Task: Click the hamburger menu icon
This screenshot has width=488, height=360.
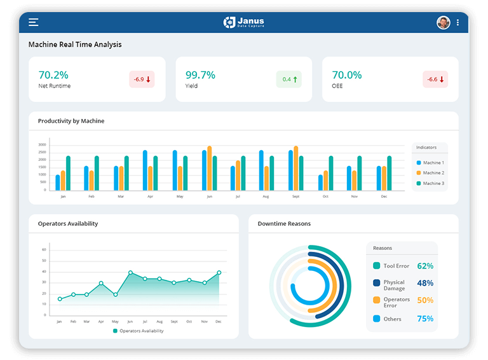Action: (x=34, y=22)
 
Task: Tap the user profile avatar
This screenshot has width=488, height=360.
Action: (x=443, y=22)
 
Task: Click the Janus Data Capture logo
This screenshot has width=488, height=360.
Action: (x=244, y=22)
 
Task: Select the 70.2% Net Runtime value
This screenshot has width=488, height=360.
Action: (x=53, y=74)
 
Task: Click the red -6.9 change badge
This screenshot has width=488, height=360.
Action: (x=142, y=80)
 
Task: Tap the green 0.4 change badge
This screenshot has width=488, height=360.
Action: (x=288, y=80)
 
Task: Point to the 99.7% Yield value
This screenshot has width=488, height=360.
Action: (x=200, y=74)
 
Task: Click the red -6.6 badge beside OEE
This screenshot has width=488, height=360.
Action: (x=435, y=80)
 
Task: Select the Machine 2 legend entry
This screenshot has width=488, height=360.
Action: (x=430, y=173)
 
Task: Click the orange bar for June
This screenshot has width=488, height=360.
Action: (x=210, y=168)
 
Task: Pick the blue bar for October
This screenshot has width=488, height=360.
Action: (x=320, y=183)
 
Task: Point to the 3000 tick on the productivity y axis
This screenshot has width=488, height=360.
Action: (x=42, y=145)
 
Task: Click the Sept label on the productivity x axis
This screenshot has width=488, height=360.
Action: (x=295, y=197)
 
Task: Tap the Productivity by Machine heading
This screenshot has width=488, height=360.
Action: (x=71, y=121)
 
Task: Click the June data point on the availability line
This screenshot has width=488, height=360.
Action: (x=130, y=272)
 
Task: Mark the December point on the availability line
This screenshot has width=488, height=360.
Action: (x=219, y=272)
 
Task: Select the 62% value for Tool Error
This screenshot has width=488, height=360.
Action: (x=425, y=266)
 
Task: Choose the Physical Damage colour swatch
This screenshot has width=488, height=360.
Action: (x=377, y=283)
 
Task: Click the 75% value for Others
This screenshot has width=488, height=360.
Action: (x=425, y=319)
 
